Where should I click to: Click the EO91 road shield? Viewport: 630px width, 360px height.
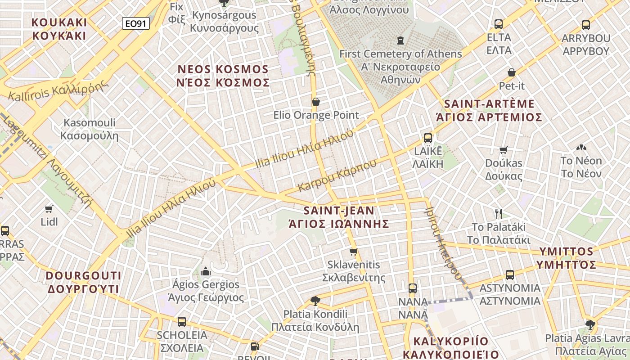click(135, 23)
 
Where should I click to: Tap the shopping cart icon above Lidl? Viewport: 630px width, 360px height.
click(49, 209)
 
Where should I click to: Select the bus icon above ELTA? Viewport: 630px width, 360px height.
click(498, 24)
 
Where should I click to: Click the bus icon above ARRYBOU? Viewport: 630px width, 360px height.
click(585, 25)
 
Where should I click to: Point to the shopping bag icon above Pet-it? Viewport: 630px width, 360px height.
click(512, 72)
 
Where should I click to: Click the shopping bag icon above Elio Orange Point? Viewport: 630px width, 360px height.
click(316, 102)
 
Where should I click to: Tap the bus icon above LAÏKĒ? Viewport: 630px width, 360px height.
click(427, 138)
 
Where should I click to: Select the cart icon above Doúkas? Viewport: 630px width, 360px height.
click(504, 150)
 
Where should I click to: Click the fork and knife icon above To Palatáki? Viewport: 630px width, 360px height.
click(498, 213)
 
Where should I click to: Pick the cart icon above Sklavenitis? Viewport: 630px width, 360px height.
click(354, 252)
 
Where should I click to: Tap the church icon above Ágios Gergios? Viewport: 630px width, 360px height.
click(206, 271)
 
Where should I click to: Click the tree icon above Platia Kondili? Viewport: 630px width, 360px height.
click(315, 301)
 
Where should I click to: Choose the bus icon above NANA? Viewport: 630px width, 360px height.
click(412, 288)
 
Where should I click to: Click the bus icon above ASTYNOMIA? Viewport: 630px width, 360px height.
click(509, 274)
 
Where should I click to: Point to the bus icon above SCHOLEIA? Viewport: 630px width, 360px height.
click(181, 322)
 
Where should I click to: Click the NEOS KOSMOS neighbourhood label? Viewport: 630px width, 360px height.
click(224, 76)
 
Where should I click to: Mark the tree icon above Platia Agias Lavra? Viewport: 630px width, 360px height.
click(590, 324)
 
